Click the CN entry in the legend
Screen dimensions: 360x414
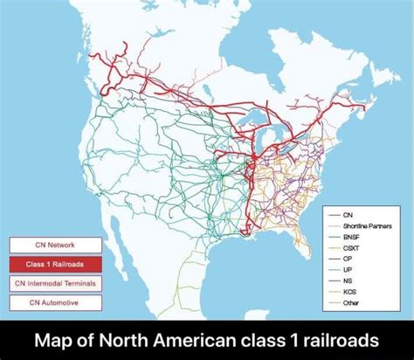click(x=348, y=214)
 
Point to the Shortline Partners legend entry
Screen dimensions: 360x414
click(x=361, y=225)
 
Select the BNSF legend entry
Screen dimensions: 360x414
click(x=351, y=236)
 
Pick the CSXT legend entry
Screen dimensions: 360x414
click(x=351, y=247)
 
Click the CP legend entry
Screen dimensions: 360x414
click(x=348, y=259)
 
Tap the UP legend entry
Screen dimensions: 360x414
click(x=348, y=269)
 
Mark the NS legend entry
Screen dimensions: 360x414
click(x=348, y=280)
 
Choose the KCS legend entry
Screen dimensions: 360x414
click(x=349, y=292)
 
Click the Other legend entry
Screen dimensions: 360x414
click(x=351, y=302)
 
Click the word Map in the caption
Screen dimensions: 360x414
click(x=62, y=339)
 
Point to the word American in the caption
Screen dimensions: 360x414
click(x=198, y=339)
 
